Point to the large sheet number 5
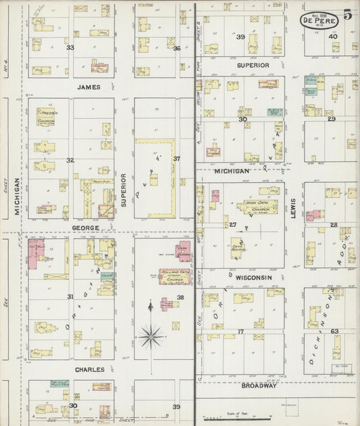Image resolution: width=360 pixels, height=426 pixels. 347,14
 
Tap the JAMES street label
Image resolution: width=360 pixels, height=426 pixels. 88,86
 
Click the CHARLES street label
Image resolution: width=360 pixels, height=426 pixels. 89,370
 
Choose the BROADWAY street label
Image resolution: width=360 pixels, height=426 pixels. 259,385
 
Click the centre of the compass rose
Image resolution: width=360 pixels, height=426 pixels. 150,333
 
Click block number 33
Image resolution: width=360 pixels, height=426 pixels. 70,48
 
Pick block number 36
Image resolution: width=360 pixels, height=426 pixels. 176,48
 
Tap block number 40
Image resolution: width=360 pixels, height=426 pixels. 332,36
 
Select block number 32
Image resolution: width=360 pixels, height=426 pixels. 70,160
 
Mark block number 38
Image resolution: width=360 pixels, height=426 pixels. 180,298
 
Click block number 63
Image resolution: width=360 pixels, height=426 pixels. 334,331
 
